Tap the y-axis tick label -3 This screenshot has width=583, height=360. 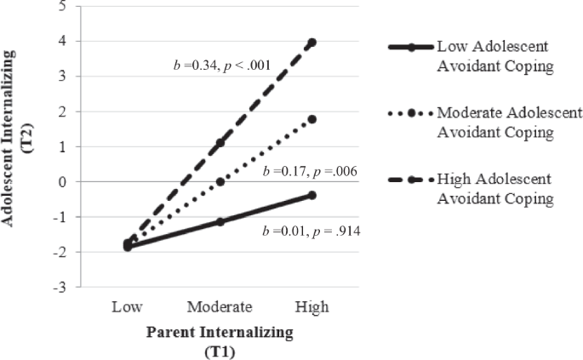pos(60,288)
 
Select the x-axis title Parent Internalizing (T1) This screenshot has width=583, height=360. pos(220,340)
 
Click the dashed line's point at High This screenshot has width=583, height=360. pos(312,43)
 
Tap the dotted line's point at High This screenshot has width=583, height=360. pos(312,119)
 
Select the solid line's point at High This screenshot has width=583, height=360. pos(312,195)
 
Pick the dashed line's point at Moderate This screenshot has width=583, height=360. pos(220,143)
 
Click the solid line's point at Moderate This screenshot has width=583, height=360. pos(220,221)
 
